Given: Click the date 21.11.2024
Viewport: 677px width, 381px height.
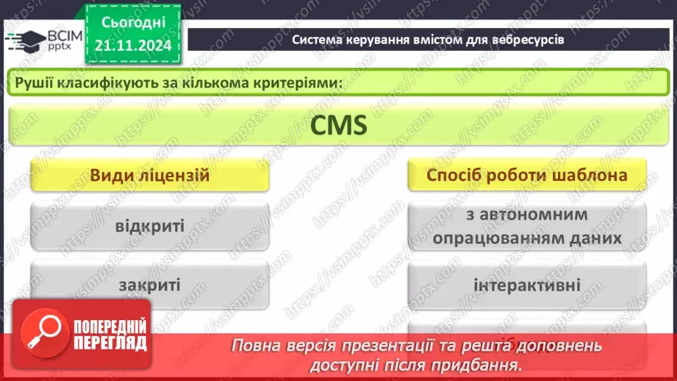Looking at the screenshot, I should (133, 46).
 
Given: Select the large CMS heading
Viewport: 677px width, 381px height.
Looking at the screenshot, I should (337, 127).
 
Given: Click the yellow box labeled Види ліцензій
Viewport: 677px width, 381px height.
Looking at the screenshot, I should (150, 177).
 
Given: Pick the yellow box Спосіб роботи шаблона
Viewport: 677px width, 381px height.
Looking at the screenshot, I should (527, 177).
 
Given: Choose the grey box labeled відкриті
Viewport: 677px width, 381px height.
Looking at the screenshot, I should (150, 224).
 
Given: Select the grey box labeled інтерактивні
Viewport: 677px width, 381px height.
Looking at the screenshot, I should (527, 284).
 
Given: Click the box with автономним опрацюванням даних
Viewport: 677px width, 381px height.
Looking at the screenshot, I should (527, 227).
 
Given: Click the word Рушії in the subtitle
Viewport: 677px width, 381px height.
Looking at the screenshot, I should (33, 82).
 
